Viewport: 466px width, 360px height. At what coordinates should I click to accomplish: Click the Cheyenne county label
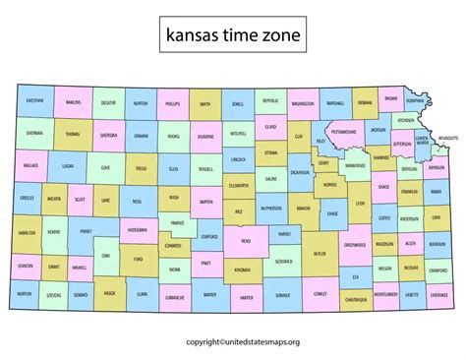click(x=34, y=101)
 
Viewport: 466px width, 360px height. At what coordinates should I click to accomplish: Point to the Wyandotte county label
click(x=447, y=138)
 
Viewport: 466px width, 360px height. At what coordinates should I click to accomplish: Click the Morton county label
click(x=24, y=293)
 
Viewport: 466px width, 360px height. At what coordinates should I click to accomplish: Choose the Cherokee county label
click(x=439, y=293)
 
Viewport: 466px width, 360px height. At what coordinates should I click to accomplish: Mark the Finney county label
click(x=86, y=231)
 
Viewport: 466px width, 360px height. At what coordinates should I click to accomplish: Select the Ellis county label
click(x=174, y=168)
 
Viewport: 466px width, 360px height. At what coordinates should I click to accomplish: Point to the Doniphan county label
click(x=416, y=100)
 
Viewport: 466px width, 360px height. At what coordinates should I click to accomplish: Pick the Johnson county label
click(x=437, y=167)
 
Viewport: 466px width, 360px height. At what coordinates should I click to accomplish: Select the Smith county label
click(x=204, y=102)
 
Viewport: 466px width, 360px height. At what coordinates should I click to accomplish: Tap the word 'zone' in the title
click(x=281, y=36)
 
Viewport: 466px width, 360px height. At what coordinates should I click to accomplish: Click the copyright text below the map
click(x=233, y=342)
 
